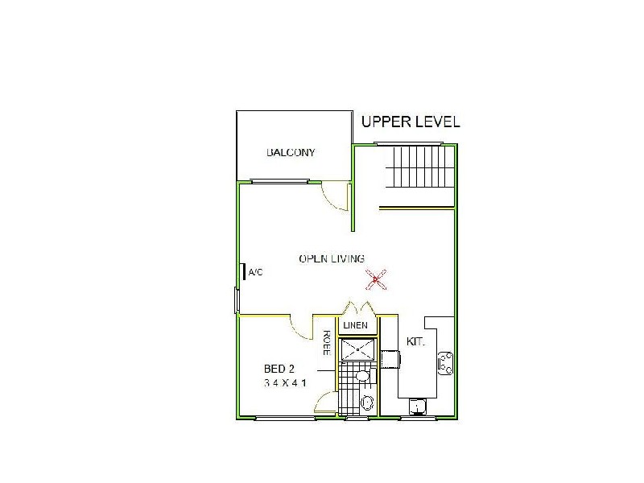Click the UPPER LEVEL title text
[x=411, y=122]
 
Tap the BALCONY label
[x=291, y=153]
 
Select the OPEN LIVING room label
[x=332, y=258]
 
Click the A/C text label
[x=256, y=273]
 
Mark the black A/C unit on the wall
[x=244, y=271]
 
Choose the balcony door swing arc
[x=334, y=197]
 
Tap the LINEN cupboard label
[x=356, y=325]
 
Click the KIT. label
[x=415, y=341]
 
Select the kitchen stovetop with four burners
[x=445, y=363]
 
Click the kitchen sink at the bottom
[x=418, y=405]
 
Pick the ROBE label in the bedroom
[x=328, y=341]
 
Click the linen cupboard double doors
[x=357, y=309]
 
